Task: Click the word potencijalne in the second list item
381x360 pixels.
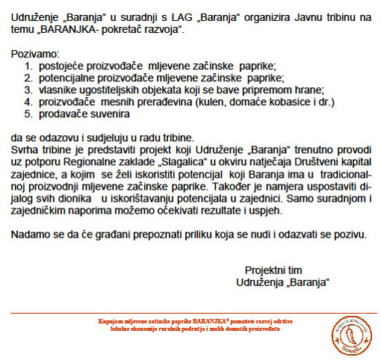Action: (x=70, y=78)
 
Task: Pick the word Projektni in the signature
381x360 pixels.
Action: (x=265, y=270)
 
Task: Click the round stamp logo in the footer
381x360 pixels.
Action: (x=346, y=333)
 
